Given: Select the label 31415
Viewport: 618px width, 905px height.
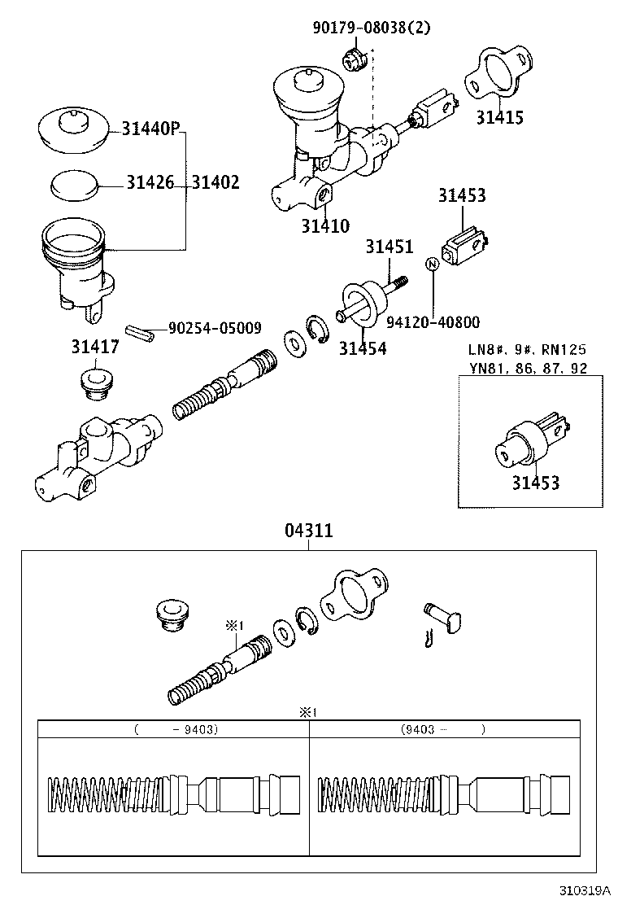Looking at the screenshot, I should (x=499, y=117).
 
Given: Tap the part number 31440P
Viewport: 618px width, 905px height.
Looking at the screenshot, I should (x=150, y=129).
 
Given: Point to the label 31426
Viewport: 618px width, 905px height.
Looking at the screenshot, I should (x=150, y=183).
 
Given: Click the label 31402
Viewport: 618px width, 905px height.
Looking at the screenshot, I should (x=215, y=183).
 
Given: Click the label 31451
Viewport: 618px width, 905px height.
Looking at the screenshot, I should (x=389, y=247).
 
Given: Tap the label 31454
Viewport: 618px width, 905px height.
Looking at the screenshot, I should (x=363, y=349).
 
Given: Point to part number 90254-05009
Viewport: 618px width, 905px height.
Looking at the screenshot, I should (x=215, y=328).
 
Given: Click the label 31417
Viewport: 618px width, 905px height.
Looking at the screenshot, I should (x=96, y=348).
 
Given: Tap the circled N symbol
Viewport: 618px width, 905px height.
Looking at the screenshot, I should (x=433, y=264).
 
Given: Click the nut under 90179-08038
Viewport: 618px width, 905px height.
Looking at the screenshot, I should (x=353, y=59).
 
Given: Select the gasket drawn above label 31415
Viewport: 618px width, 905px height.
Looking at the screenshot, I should (x=497, y=76).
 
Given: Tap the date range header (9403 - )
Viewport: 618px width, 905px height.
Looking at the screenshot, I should (x=443, y=729).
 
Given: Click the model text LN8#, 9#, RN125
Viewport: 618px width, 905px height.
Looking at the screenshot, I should (x=527, y=350).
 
